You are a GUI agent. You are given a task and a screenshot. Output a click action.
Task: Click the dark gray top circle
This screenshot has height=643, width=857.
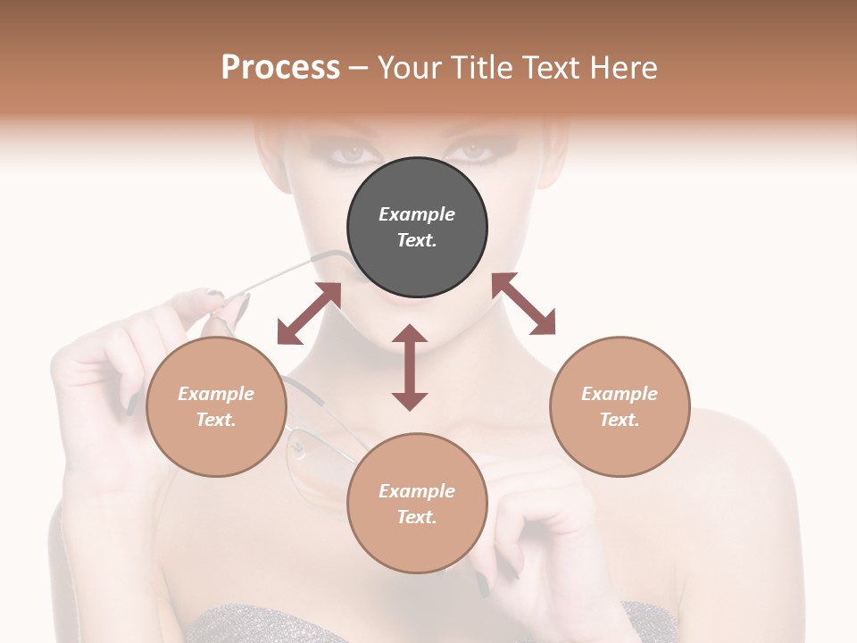click(x=417, y=227)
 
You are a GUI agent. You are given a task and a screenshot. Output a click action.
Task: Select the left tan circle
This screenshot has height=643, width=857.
click(x=216, y=406)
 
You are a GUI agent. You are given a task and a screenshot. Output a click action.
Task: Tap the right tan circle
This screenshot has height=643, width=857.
click(x=620, y=406)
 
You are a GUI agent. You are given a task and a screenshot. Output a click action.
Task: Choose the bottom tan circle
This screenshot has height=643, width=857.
click(x=417, y=503)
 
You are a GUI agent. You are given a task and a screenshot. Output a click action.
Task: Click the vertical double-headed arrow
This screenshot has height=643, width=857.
click(x=410, y=367)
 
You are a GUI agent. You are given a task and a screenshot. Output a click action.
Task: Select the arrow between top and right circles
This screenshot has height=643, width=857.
click(x=523, y=304)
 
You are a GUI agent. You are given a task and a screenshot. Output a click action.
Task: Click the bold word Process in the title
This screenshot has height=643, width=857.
click(x=280, y=67)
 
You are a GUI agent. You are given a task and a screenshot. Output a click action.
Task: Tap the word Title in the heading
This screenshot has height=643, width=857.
click(x=478, y=67)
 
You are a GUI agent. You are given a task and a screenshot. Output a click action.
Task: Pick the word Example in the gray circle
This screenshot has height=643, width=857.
click(x=417, y=214)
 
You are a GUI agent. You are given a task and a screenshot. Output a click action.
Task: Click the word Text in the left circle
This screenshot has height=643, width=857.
click(x=215, y=420)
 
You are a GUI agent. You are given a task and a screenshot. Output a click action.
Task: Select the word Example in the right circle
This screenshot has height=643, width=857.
click(x=620, y=394)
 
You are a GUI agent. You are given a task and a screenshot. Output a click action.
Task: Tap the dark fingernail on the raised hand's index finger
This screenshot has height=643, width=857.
click(x=215, y=293)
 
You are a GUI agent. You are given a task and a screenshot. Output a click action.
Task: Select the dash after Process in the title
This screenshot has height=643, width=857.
click(x=359, y=68)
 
